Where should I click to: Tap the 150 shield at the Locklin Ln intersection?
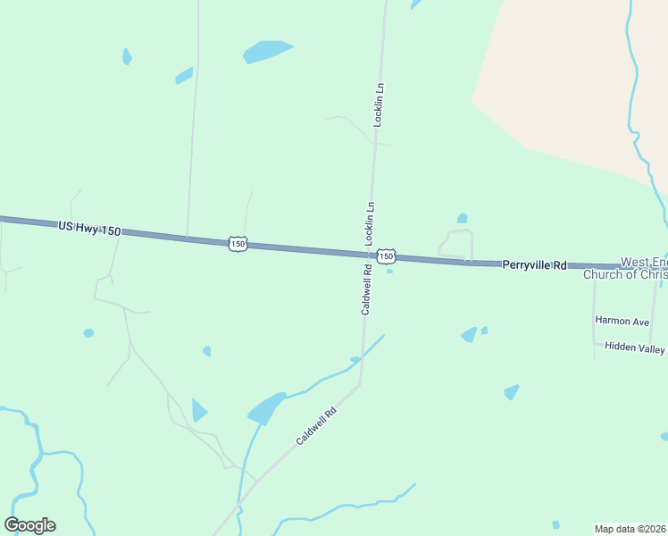[385, 256]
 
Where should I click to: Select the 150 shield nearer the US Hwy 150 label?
[237, 243]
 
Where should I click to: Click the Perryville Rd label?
[534, 264]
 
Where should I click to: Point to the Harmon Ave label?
[622, 320]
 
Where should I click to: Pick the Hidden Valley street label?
[635, 347]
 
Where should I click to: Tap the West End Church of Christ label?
[625, 268]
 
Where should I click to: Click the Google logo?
[29, 525]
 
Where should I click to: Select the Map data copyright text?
[630, 528]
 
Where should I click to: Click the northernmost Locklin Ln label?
[379, 104]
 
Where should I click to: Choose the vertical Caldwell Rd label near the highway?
[366, 288]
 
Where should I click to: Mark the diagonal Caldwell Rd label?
[316, 427]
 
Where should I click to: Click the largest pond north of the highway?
[267, 51]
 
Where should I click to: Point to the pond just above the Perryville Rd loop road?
[462, 218]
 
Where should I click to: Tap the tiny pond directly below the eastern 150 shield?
[389, 271]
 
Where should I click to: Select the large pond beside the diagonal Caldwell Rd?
[266, 408]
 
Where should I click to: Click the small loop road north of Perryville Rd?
[455, 244]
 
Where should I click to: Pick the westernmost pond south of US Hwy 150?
[88, 333]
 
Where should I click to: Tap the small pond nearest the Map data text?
[555, 524]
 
